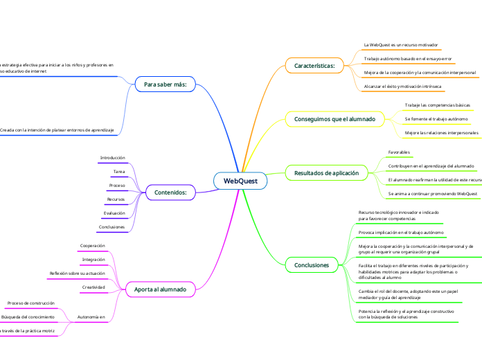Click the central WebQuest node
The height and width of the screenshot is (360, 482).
point(240,181)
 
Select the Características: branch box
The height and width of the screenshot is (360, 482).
point(314,66)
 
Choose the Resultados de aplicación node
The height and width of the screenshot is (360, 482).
point(326,172)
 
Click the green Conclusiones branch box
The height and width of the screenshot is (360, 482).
point(312,264)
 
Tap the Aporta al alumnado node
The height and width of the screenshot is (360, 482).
point(160,289)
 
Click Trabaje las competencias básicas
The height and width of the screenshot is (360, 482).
point(437,105)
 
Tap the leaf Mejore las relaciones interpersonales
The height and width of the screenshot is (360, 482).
point(441,132)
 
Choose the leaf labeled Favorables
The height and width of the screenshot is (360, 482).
point(400,152)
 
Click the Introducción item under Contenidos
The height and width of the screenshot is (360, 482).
point(113,158)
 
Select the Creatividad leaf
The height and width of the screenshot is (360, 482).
point(93,287)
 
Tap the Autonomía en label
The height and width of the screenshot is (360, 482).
point(91,317)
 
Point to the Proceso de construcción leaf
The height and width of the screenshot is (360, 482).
point(30,303)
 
